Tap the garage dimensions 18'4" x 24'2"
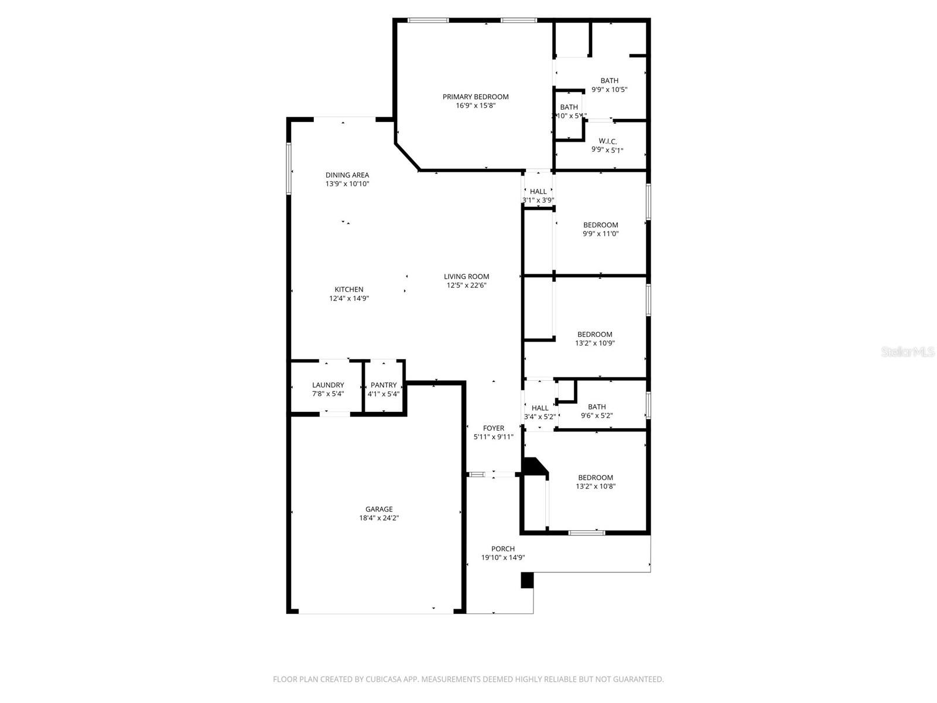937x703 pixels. coord(379,518)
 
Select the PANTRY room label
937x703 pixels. coord(384,385)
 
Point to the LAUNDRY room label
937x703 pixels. coord(328,385)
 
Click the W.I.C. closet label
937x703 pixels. coord(607,141)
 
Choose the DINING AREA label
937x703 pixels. coord(347,175)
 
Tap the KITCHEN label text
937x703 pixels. coord(349,289)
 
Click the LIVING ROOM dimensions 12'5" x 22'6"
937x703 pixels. coord(467,285)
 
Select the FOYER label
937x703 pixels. coord(493,428)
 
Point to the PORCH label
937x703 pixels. coord(503,549)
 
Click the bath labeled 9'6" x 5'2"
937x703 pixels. coord(597,411)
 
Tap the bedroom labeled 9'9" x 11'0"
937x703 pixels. coord(600,229)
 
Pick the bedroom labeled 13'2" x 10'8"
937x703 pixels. coord(596,482)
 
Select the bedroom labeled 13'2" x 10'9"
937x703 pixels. coord(594,339)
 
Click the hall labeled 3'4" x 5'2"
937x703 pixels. coord(540,412)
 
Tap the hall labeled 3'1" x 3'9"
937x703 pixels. coord(538,195)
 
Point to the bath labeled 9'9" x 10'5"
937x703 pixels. coord(609,85)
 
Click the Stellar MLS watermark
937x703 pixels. coord(908,352)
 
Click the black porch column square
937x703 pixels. coord(527,580)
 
